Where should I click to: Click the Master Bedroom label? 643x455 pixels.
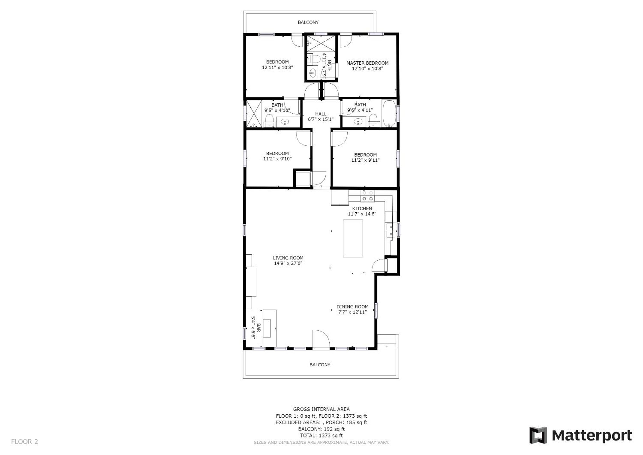367,63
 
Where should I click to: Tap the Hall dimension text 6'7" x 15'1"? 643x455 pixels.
321,119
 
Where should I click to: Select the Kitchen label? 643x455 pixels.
362,208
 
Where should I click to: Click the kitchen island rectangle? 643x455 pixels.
353,238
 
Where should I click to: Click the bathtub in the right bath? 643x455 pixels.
389,114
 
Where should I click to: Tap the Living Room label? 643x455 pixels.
288,258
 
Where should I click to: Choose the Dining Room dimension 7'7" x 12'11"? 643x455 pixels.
352,312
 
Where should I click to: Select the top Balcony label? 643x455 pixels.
308,22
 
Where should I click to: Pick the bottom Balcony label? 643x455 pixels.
320,365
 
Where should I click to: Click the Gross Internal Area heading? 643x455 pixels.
321,409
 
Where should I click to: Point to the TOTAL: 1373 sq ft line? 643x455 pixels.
321,436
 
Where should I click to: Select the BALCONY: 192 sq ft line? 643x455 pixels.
321,429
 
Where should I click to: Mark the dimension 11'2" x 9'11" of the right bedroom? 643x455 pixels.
365,160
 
